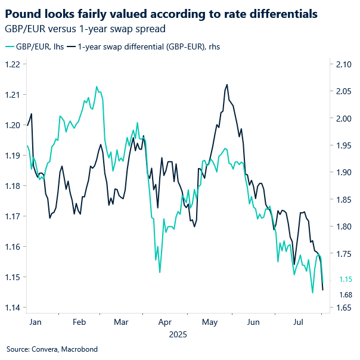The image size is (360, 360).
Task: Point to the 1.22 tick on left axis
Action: [14, 64]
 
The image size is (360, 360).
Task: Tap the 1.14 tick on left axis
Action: [14, 308]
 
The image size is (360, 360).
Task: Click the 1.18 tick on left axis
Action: [14, 186]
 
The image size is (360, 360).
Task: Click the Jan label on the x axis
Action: [35, 322]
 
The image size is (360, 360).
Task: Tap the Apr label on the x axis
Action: [165, 322]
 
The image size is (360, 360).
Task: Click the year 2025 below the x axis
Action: [178, 334]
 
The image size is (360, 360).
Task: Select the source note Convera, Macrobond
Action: [52, 349]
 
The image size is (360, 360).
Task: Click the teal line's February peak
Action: [97, 86]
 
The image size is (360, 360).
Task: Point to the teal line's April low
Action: [160, 272]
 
